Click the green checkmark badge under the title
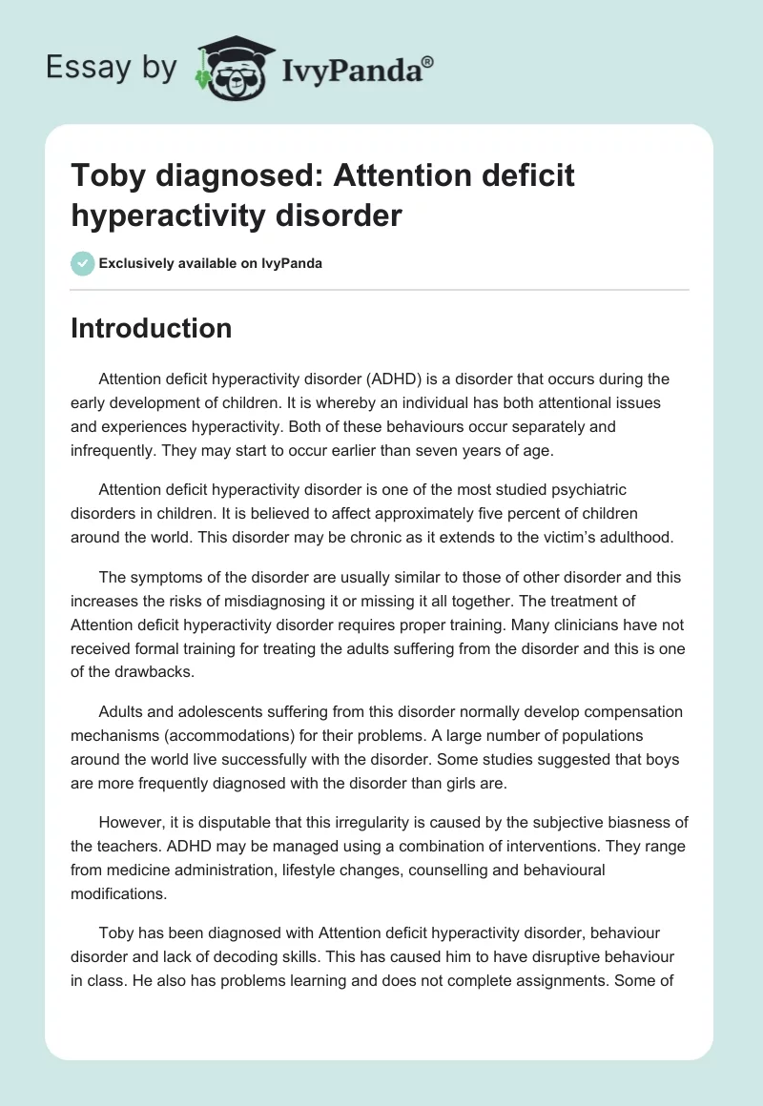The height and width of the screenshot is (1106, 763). [x=83, y=263]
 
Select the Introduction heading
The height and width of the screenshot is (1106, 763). [x=151, y=328]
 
